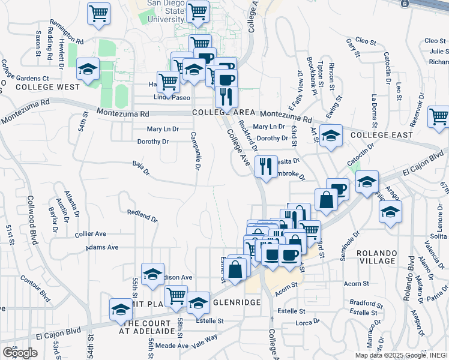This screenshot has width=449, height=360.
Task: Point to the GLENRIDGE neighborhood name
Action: tap(237, 302)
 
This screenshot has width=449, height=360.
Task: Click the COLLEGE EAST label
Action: tap(382, 135)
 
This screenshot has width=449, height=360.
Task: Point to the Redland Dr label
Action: tap(142, 212)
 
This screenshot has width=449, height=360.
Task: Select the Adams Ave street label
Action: tap(101, 247)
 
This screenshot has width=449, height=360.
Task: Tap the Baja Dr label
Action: tap(140, 167)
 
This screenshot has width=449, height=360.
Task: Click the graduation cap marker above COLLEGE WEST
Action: tap(88, 70)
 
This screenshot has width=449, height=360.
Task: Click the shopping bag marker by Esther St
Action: tap(237, 268)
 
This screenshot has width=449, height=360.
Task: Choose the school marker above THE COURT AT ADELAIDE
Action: tap(121, 309)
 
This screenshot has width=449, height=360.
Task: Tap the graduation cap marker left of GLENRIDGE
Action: tap(198, 303)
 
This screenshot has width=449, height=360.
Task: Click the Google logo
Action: tap(20, 353)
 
